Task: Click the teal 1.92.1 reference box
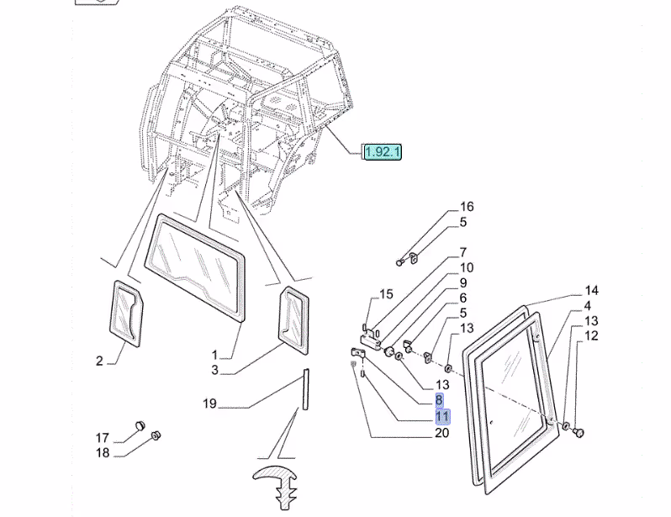pos(383,151)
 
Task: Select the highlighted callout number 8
pos(439,400)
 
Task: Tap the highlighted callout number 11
pos(442,416)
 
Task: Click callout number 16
pos(467,207)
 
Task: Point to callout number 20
pos(442,433)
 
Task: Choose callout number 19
pos(209,404)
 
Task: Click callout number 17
pos(103,438)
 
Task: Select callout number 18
pos(103,453)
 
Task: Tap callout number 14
pos(591,291)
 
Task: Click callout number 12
pos(591,336)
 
